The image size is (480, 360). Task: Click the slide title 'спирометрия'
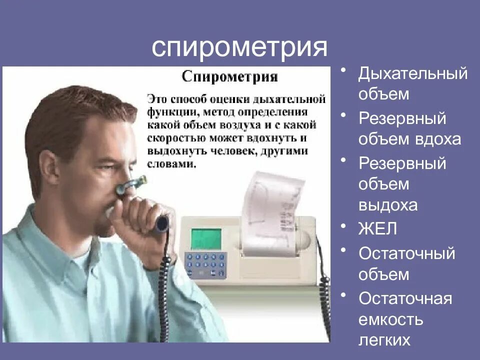(239, 48)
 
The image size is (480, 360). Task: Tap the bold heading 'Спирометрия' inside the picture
(229, 77)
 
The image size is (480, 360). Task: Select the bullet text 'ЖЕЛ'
(377, 229)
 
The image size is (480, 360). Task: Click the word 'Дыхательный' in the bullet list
(413, 74)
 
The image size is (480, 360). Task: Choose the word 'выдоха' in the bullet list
(388, 205)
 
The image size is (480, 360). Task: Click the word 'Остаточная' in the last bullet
(405, 298)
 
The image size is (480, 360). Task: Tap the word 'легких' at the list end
(384, 340)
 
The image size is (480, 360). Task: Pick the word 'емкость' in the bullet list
(391, 319)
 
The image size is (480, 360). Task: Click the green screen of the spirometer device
(206, 238)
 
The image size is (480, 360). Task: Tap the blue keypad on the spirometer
(205, 263)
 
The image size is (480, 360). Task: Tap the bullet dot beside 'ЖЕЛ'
(343, 226)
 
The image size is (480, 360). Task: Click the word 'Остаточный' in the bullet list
(406, 253)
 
